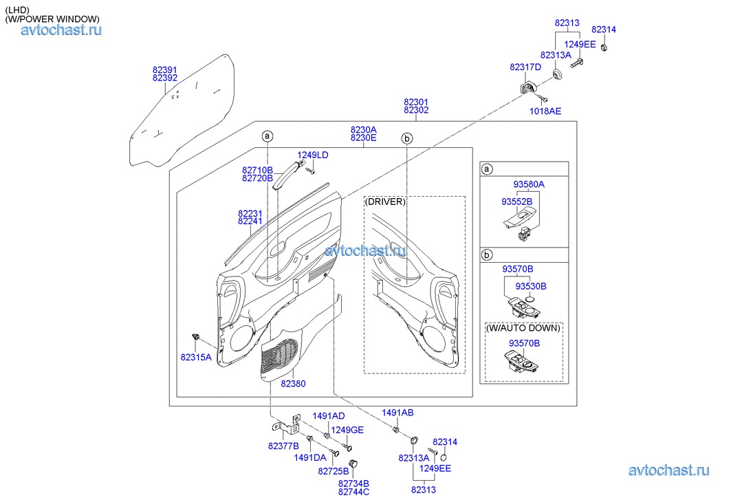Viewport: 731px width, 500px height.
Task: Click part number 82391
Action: click(x=164, y=69)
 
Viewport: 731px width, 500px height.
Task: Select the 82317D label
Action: click(x=525, y=67)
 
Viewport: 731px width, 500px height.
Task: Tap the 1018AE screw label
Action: click(x=545, y=111)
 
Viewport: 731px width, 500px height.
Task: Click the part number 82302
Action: click(x=416, y=111)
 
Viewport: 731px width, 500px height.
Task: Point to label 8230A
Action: click(x=363, y=129)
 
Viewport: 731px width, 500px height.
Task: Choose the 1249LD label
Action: click(x=312, y=155)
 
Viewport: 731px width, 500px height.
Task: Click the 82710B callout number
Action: click(x=257, y=169)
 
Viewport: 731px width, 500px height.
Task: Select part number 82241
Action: click(x=250, y=221)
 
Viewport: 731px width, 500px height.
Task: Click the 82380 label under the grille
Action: click(x=292, y=383)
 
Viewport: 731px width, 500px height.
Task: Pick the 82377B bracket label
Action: click(x=283, y=446)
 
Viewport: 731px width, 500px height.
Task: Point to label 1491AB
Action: click(x=397, y=413)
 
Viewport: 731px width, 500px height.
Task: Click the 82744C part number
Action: click(x=353, y=491)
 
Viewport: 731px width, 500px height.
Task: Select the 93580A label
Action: click(x=528, y=184)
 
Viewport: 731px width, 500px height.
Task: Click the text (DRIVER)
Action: click(x=385, y=202)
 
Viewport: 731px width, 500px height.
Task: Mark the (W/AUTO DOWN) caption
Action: click(x=523, y=328)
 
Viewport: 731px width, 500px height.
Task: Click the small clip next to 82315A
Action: click(x=197, y=336)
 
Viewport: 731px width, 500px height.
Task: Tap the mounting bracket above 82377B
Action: click(x=296, y=422)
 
